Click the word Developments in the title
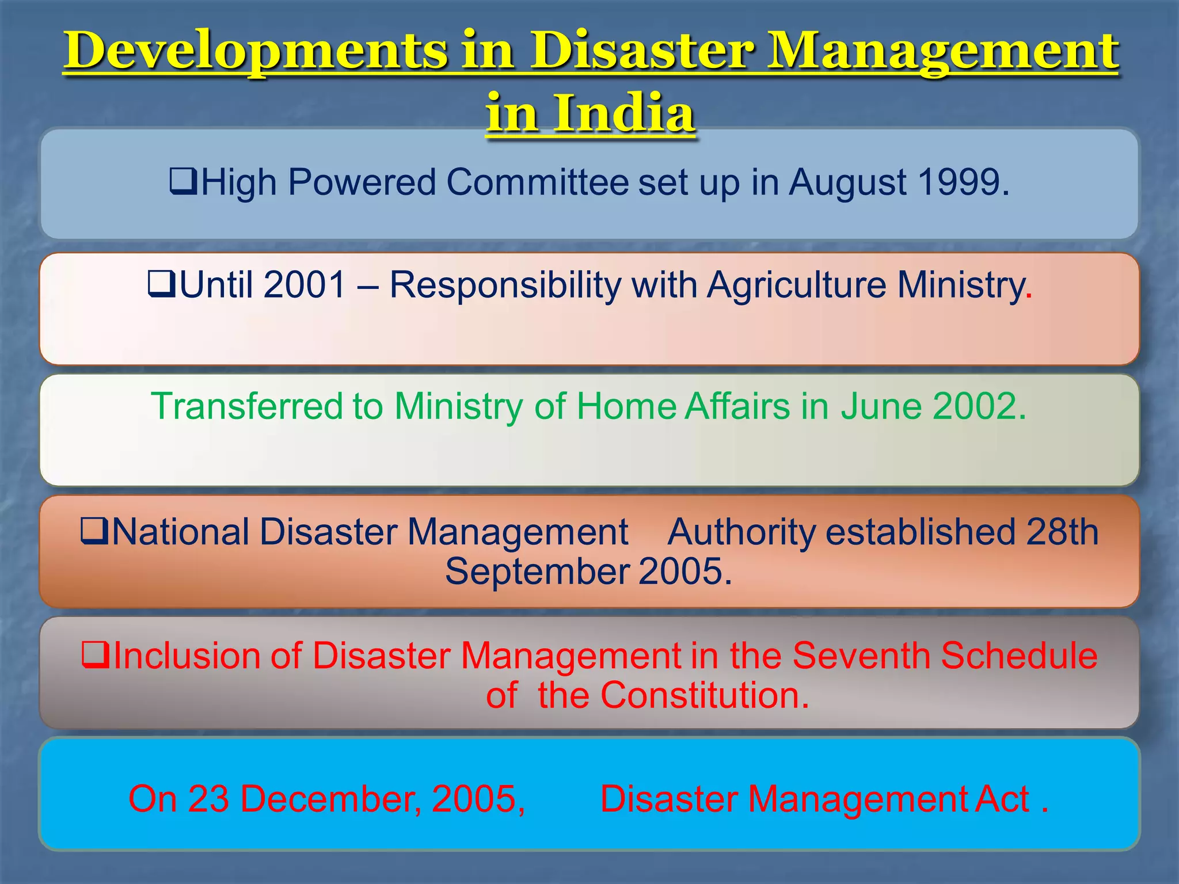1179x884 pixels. pos(256,51)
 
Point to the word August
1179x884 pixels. pos(847,184)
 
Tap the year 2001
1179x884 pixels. pos(305,285)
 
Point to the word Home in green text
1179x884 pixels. pos(626,406)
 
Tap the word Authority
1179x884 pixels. pos(741,532)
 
